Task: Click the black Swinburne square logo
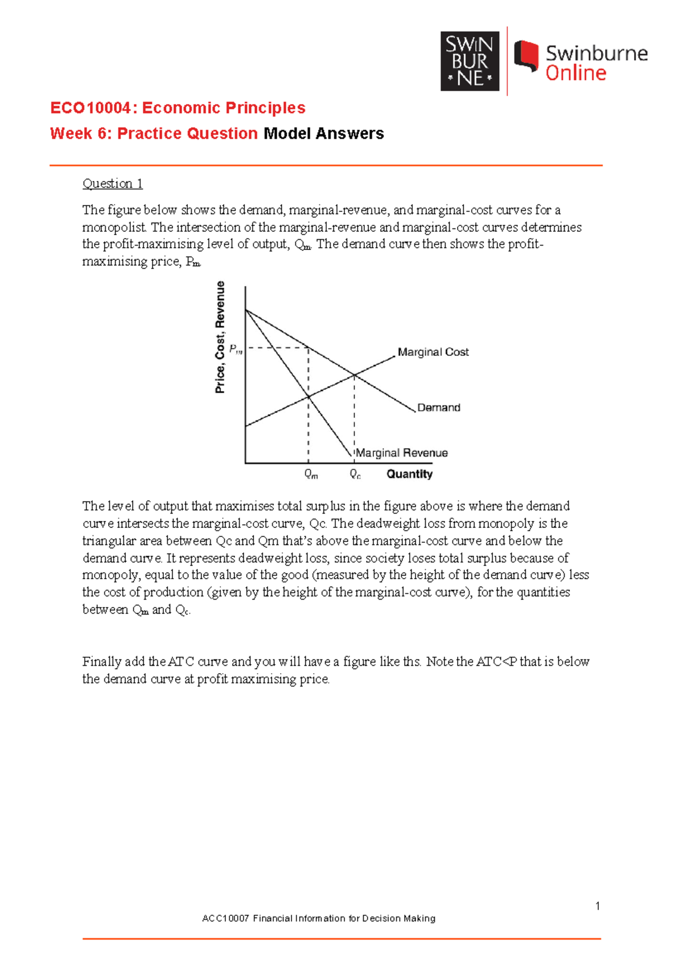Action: [470, 61]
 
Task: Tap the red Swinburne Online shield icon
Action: [526, 56]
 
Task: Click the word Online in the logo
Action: [575, 73]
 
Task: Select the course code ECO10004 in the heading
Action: [91, 108]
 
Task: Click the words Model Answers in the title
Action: [323, 133]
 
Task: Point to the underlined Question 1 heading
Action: [112, 183]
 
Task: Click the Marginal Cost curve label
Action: [433, 352]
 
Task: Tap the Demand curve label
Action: [438, 408]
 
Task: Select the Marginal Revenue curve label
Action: [401, 453]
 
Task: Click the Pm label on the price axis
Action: [236, 349]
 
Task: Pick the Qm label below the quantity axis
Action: [311, 474]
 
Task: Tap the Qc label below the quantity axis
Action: [355, 474]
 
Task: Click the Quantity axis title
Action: [409, 474]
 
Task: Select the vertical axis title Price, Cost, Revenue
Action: [220, 337]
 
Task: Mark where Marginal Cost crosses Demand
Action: [354, 375]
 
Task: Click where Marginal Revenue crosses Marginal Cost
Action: [308, 397]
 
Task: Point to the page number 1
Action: [597, 906]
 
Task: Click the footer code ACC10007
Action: [225, 918]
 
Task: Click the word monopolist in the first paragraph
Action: [114, 227]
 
